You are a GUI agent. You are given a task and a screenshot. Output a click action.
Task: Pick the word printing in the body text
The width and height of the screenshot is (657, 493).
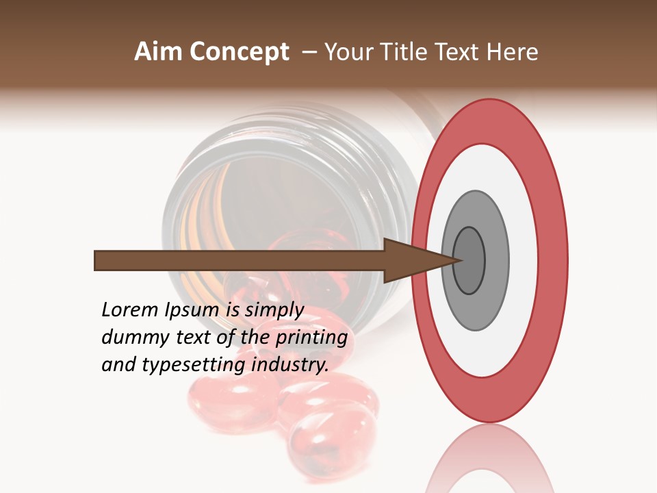(311, 338)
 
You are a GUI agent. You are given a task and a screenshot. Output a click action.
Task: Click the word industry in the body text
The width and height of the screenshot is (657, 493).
(290, 364)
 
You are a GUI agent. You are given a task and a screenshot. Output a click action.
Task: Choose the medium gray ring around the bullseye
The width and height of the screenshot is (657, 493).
(495, 260)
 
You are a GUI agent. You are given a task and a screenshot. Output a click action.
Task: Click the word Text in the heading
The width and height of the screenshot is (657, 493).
(460, 52)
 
